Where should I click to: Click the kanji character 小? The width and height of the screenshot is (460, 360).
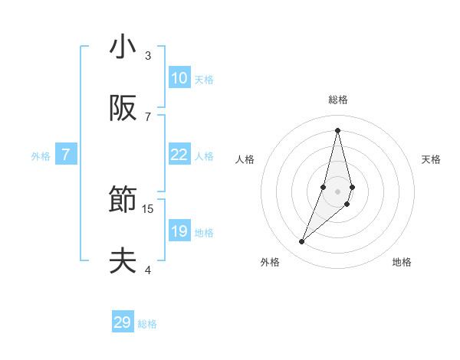click(123, 47)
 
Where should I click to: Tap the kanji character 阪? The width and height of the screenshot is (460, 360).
click(123, 109)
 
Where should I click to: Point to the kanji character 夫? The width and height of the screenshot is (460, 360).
click(123, 261)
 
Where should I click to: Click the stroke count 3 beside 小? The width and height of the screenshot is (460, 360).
click(148, 55)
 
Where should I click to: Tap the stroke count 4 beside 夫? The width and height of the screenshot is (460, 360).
click(148, 270)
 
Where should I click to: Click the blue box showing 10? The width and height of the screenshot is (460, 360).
click(179, 78)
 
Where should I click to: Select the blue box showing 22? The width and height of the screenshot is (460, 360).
click(179, 155)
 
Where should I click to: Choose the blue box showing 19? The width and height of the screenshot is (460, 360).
click(179, 231)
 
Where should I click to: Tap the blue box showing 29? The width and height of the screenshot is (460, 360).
click(123, 322)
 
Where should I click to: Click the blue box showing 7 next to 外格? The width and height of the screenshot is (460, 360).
click(66, 155)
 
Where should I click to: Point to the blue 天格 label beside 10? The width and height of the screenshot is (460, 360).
click(204, 79)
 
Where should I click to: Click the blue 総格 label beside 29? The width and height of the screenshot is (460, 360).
click(147, 323)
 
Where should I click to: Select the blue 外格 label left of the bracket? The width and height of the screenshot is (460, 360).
click(41, 155)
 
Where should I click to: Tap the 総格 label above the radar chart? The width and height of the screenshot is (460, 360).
click(337, 100)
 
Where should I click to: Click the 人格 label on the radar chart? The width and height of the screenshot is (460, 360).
click(245, 159)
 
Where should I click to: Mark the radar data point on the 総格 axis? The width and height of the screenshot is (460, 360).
click(337, 129)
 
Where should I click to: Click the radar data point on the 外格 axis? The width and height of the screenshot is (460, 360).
click(302, 242)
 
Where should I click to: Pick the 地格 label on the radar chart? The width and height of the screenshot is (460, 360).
click(402, 262)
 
